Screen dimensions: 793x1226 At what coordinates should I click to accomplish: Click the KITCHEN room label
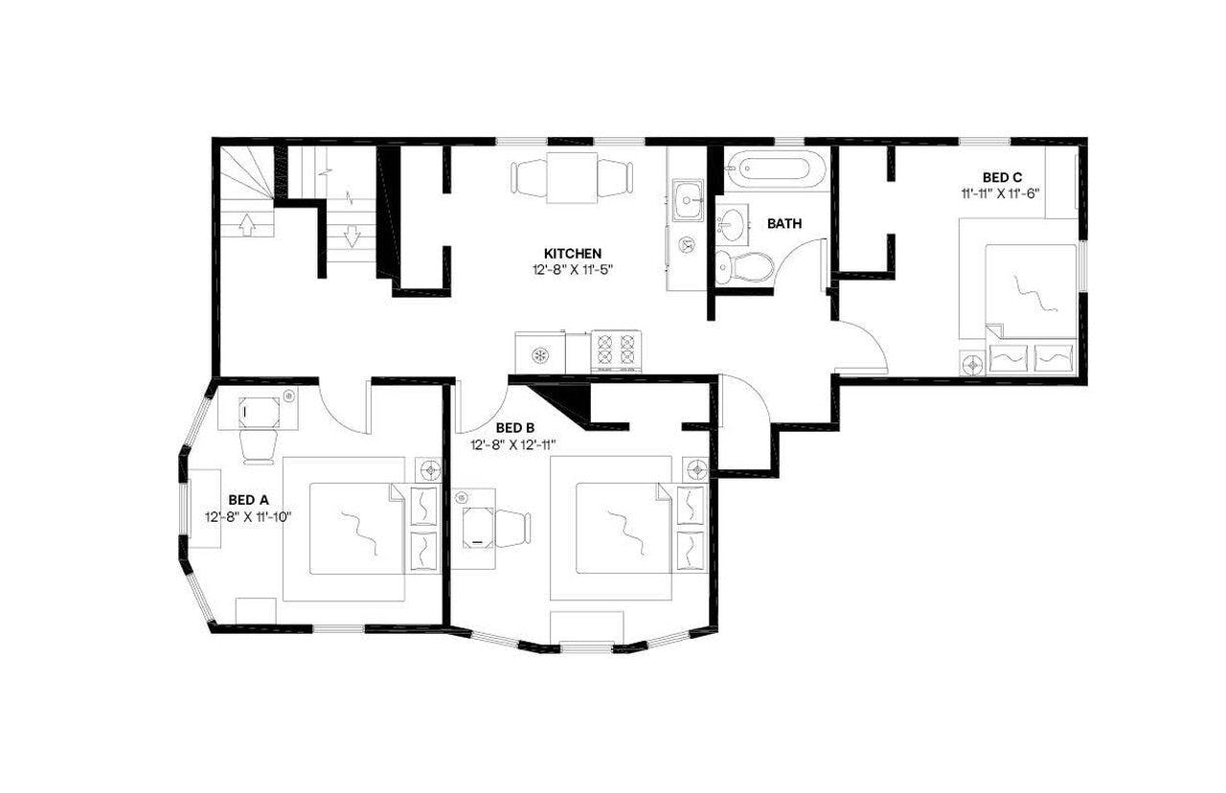click(x=573, y=253)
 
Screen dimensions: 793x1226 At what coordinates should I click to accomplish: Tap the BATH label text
click(x=784, y=224)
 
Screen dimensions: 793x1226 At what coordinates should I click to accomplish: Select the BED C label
click(x=1002, y=176)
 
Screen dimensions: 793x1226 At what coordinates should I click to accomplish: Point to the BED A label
click(x=248, y=500)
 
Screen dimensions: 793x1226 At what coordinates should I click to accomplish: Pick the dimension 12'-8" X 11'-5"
click(x=573, y=269)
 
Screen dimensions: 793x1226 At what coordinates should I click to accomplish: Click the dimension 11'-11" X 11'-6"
click(x=1002, y=193)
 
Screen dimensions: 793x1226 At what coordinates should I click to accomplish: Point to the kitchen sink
click(x=688, y=200)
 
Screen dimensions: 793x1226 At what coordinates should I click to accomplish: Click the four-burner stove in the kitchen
click(x=615, y=350)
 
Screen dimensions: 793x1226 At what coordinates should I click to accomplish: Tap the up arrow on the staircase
click(x=246, y=225)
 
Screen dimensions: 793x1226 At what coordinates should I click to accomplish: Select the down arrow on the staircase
click(x=351, y=235)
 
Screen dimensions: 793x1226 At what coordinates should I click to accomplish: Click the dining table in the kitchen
click(x=573, y=177)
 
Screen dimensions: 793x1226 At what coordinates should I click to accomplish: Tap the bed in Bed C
click(x=1028, y=287)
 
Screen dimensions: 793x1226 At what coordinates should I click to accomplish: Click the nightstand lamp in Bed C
click(x=973, y=363)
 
